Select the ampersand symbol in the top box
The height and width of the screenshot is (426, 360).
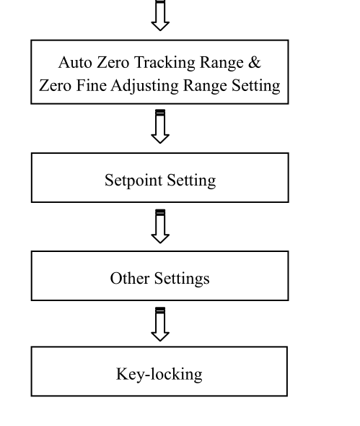(254, 63)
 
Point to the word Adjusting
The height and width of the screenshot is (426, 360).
(145, 87)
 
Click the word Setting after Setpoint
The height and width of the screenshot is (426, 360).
(191, 181)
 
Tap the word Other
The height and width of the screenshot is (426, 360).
(130, 278)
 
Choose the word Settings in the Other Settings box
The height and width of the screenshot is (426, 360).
(182, 279)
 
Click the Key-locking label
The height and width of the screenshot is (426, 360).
(159, 375)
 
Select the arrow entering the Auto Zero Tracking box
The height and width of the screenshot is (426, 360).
(160, 15)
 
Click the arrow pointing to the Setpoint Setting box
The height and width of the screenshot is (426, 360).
(160, 126)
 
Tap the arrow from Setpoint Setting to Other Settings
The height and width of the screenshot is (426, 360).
(160, 226)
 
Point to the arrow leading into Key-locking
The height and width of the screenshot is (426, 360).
(160, 324)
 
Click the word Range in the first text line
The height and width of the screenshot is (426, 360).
(221, 64)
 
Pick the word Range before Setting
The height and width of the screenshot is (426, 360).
(205, 87)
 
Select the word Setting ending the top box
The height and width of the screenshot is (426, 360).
(255, 87)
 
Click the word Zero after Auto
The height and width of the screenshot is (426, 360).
(113, 63)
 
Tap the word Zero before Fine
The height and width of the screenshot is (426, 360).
(55, 86)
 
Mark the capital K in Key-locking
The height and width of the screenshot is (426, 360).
(122, 374)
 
